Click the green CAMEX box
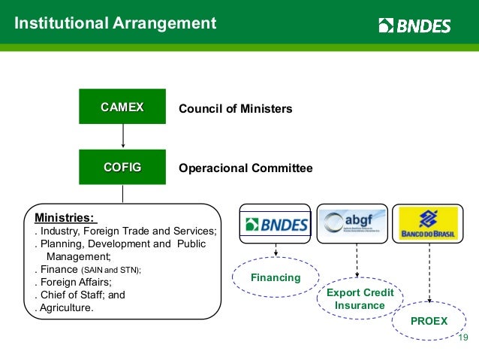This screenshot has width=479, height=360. pyautogui.click(x=122, y=107)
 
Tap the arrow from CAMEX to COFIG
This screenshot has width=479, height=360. pyautogui.click(x=122, y=138)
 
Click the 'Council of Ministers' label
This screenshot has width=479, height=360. pyautogui.click(x=235, y=109)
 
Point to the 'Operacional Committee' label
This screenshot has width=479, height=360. pyautogui.click(x=246, y=168)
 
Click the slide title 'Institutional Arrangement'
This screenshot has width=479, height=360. pyautogui.click(x=116, y=23)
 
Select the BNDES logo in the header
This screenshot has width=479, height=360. pyautogui.click(x=414, y=26)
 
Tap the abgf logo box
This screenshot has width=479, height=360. pyautogui.click(x=352, y=223)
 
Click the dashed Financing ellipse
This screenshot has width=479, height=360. pyautogui.click(x=276, y=278)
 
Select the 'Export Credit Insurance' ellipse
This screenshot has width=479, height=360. pyautogui.click(x=359, y=299)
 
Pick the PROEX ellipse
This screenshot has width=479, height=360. pyautogui.click(x=429, y=321)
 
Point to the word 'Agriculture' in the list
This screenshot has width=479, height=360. pyautogui.click(x=68, y=308)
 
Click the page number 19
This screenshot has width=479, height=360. pyautogui.click(x=462, y=337)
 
